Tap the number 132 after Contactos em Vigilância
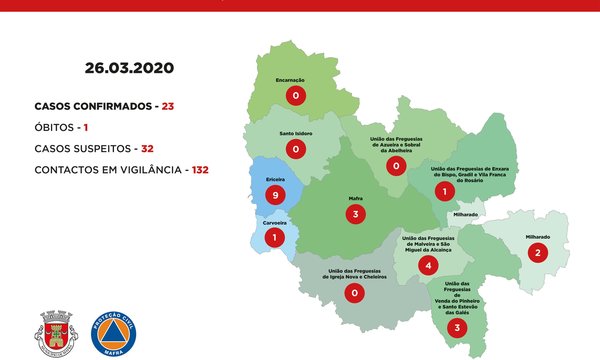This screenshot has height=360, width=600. point(200,170)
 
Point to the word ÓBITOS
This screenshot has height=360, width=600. point(59,127)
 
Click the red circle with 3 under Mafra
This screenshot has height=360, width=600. point(353,213)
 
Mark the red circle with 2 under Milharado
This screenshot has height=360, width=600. point(538,252)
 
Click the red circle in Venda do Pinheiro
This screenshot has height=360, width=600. point(457,327)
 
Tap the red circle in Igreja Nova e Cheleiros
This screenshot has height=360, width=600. point(353,293)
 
